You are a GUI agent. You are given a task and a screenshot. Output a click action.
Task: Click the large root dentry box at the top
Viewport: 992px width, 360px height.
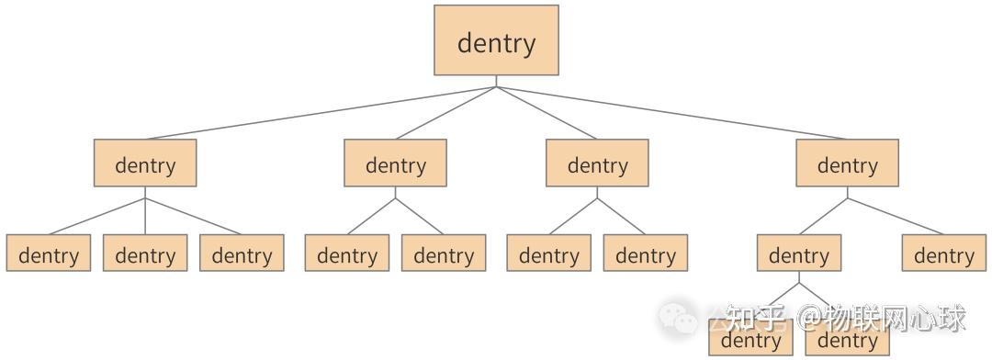[496, 40]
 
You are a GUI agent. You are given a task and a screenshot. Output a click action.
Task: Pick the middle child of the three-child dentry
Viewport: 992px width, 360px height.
[145, 253]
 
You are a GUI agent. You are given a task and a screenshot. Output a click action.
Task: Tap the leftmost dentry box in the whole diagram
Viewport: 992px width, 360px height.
[49, 253]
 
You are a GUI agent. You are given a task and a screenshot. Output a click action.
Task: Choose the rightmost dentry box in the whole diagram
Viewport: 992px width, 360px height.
[943, 253]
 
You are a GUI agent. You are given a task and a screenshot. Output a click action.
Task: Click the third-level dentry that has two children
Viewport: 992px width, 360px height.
[798, 253]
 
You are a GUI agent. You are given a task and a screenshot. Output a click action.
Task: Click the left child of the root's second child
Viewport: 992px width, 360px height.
[347, 253]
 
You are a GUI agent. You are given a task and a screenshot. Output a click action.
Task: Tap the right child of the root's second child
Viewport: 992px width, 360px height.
[444, 253]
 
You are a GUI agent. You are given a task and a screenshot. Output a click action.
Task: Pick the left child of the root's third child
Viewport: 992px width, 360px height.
[548, 253]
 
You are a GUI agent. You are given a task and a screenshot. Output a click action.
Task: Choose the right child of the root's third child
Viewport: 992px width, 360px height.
[646, 253]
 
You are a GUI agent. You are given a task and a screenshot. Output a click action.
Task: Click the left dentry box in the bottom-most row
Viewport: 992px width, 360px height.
[750, 342]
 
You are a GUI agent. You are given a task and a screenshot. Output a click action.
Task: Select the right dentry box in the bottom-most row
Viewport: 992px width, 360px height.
[847, 342]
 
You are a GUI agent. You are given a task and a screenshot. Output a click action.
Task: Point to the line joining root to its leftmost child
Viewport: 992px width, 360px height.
[321, 113]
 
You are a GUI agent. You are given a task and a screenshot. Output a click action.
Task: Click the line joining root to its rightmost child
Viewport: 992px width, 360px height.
[671, 113]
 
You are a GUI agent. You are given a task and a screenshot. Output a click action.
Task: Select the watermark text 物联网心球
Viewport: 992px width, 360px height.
[895, 319]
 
